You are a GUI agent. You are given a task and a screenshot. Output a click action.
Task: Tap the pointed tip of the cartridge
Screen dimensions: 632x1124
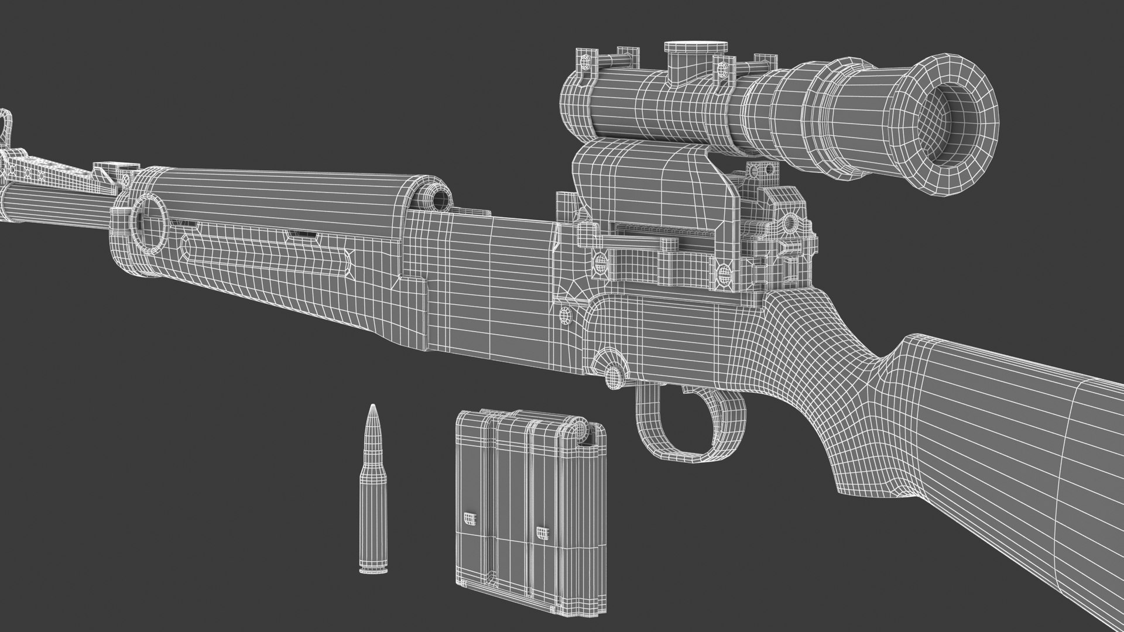click(x=371, y=406)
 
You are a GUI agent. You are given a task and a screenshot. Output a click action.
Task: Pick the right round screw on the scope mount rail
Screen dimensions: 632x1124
click(x=723, y=273)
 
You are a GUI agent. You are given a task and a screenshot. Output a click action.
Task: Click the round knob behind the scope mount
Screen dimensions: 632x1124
click(x=789, y=223)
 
